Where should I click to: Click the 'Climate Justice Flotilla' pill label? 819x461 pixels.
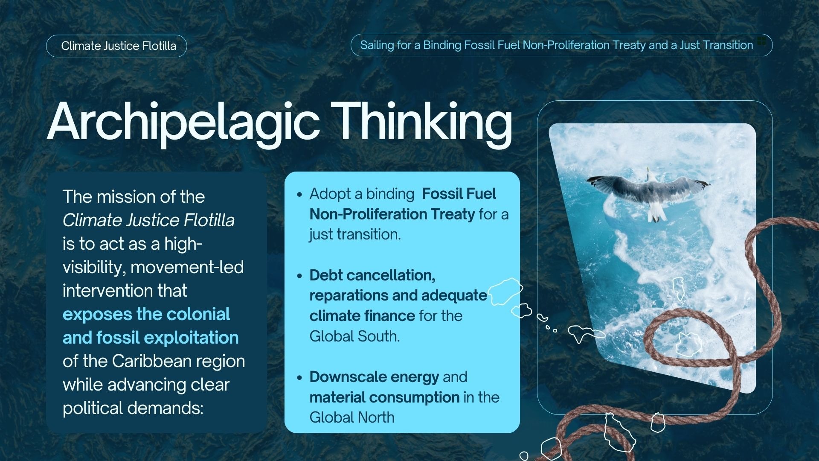[116, 46]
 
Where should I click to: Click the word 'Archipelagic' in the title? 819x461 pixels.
[184, 123]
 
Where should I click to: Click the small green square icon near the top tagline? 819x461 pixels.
[761, 41]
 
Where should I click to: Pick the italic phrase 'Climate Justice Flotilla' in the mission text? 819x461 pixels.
[148, 220]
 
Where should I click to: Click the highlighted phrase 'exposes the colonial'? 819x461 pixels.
[146, 314]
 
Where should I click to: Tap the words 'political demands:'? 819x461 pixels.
[133, 408]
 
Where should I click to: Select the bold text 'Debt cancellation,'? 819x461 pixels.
[372, 276]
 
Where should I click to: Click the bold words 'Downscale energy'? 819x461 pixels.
[374, 377]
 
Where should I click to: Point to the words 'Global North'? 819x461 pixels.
[352, 417]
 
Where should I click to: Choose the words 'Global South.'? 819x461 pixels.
[355, 336]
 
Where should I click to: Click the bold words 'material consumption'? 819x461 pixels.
[384, 397]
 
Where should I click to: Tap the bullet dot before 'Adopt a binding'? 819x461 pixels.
[299, 195]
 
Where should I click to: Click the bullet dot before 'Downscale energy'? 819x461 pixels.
[299, 378]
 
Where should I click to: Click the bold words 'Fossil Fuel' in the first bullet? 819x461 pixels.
[459, 194]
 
